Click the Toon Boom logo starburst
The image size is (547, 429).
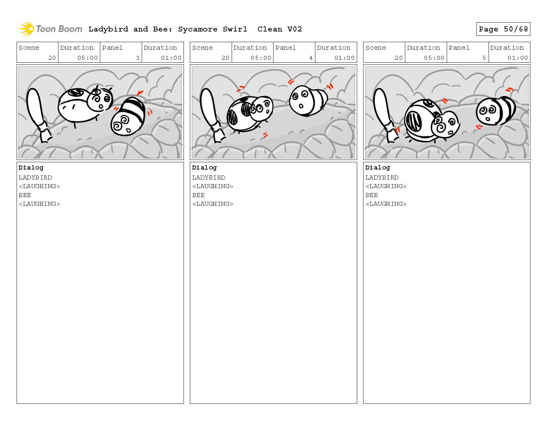pyautogui.click(x=26, y=29)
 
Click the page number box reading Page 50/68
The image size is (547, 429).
pyautogui.click(x=503, y=29)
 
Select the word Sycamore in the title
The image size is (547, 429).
pyautogui.click(x=197, y=29)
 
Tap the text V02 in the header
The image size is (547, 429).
pyautogui.click(x=294, y=29)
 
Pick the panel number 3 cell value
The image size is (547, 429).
pyautogui.click(x=137, y=58)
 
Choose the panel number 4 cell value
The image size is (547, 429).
pyautogui.click(x=311, y=58)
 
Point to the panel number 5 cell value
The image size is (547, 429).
pyautogui.click(x=484, y=58)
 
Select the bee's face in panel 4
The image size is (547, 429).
pyautogui.click(x=301, y=101)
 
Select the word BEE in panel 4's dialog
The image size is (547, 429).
pyautogui.click(x=198, y=195)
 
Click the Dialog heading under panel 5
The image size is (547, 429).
pyautogui.click(x=377, y=168)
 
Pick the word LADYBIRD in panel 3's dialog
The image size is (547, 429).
pyautogui.click(x=35, y=178)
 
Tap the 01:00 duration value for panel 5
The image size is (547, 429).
pyautogui.click(x=517, y=58)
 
